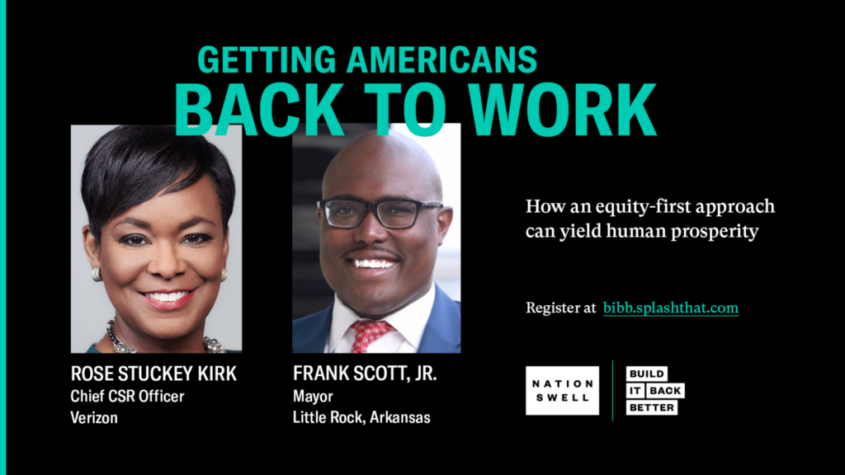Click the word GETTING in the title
pyautogui.click(x=267, y=59)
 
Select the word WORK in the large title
pyautogui.click(x=563, y=110)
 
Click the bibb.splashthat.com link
pyautogui.click(x=670, y=308)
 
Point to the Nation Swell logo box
pyautogui.click(x=562, y=390)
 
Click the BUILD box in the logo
pyautogui.click(x=647, y=374)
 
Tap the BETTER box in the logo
pyautogui.click(x=652, y=407)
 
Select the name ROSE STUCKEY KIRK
pyautogui.click(x=153, y=374)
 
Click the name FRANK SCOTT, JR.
pyautogui.click(x=365, y=374)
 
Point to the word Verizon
pyautogui.click(x=94, y=417)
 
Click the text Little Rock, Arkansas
pyautogui.click(x=361, y=417)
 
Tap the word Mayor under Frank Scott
pyautogui.click(x=313, y=397)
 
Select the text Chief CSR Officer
pyautogui.click(x=127, y=397)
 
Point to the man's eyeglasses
pyautogui.click(x=380, y=213)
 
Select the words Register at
pyautogui.click(x=560, y=308)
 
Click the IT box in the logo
pyautogui.click(x=635, y=390)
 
